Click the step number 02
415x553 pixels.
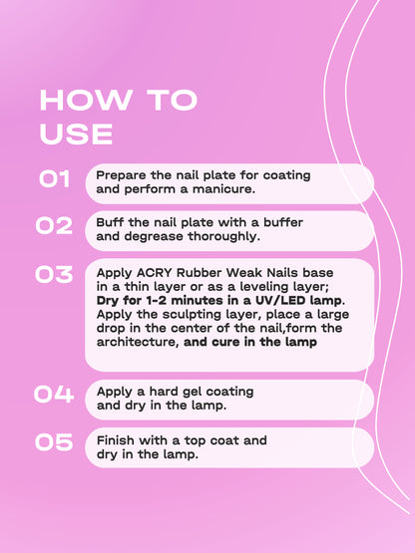click(x=54, y=226)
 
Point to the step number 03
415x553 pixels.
click(x=54, y=274)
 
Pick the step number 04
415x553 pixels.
click(x=54, y=395)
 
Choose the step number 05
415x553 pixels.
click(x=54, y=442)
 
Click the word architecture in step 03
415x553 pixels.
click(x=137, y=342)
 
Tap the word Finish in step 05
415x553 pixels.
click(x=117, y=439)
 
